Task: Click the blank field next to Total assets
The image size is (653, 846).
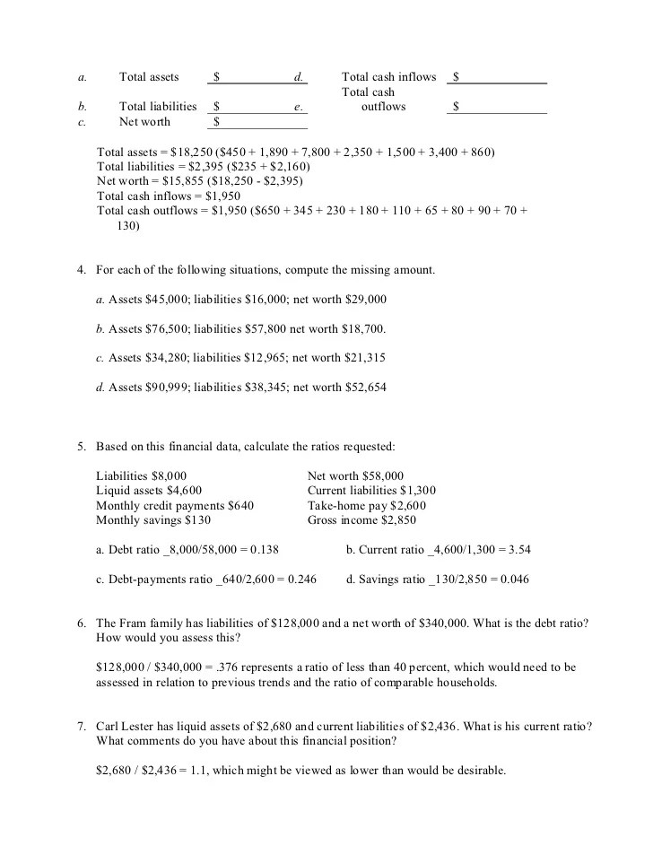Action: [x=256, y=78]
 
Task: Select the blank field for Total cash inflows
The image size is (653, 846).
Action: [x=502, y=78]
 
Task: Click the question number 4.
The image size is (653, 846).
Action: [x=81, y=270]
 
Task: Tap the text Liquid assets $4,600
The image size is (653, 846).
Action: [x=148, y=491]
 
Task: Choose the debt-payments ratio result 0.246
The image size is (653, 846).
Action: [x=300, y=579]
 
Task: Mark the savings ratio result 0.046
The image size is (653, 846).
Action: [x=512, y=579]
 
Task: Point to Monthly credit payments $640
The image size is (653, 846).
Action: [x=174, y=505]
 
